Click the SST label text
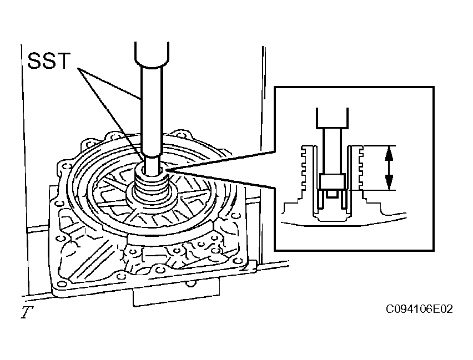[x=49, y=60]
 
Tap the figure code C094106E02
[x=419, y=309]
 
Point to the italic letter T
[x=27, y=312]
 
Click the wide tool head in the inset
[x=332, y=118]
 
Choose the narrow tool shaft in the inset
[x=332, y=151]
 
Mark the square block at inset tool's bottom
[x=332, y=182]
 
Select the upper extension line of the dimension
[x=379, y=146]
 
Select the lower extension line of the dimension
[x=371, y=190]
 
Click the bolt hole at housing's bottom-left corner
[x=62, y=283]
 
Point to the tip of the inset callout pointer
[x=165, y=171]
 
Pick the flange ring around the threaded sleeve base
[x=152, y=200]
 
